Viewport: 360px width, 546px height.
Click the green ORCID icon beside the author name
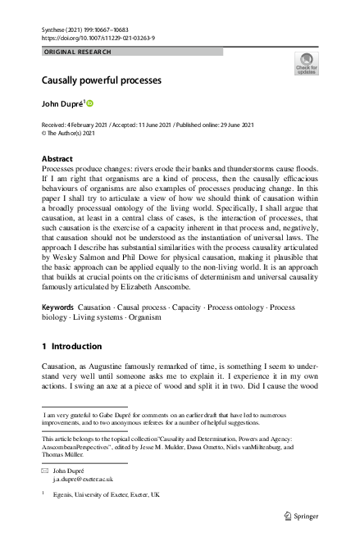pyautogui.click(x=91, y=104)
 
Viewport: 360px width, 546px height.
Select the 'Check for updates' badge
pyautogui.click(x=306, y=64)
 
